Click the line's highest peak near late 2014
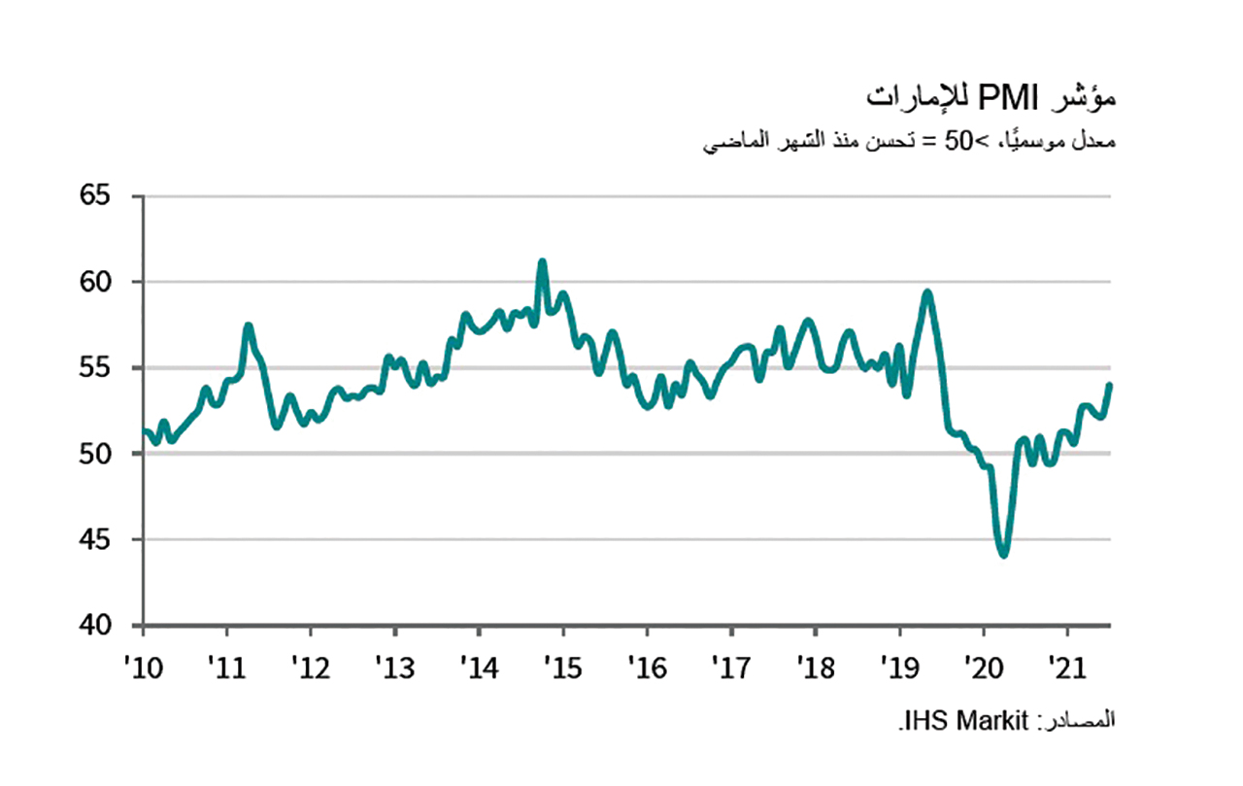(x=542, y=261)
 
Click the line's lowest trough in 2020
(x=1003, y=555)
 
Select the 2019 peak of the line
(x=928, y=291)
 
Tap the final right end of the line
(x=1110, y=385)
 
